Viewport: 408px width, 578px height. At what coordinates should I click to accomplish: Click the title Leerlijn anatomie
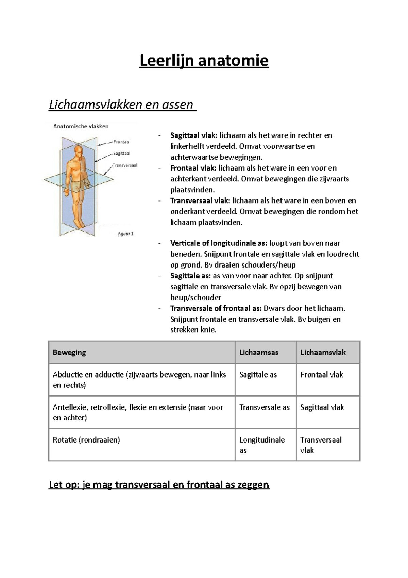[204, 61]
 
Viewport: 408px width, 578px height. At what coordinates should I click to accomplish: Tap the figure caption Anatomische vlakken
[81, 126]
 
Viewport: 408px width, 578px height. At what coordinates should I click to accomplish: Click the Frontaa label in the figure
[121, 142]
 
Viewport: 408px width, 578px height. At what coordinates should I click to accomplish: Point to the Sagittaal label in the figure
[122, 154]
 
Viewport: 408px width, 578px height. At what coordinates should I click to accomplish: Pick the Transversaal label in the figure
[125, 165]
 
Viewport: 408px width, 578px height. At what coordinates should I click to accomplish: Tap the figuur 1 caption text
[125, 234]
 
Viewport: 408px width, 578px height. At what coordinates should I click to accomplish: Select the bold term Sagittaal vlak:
[193, 135]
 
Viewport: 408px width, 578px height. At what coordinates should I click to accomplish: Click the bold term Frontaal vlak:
[193, 168]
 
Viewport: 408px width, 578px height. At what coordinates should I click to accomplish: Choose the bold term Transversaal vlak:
[200, 201]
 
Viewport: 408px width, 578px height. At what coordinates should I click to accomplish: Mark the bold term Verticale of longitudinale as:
[219, 243]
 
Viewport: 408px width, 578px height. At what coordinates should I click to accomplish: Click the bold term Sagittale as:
[190, 276]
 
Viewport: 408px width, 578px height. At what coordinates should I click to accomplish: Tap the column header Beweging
[69, 353]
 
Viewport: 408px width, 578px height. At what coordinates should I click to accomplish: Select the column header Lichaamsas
[259, 353]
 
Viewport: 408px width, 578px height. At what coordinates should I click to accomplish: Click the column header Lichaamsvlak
[323, 353]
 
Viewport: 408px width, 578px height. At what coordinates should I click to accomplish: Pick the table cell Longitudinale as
[262, 445]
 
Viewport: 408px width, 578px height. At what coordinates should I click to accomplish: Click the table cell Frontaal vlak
[321, 375]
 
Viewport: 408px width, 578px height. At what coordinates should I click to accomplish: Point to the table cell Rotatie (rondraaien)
[86, 440]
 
